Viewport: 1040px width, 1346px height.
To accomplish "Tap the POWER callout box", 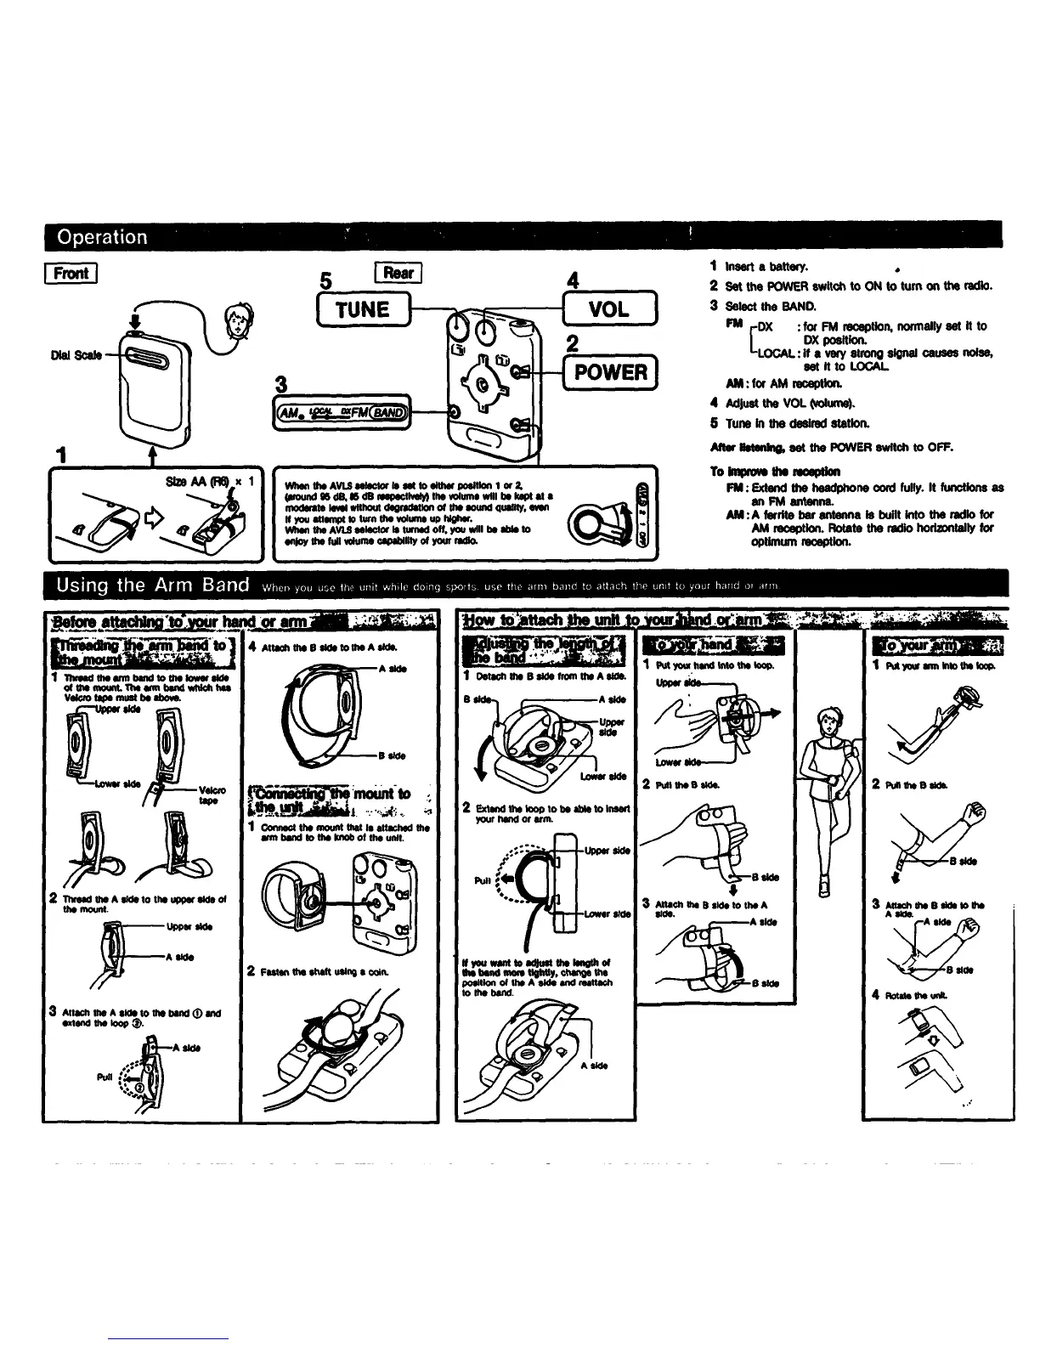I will pos(610,371).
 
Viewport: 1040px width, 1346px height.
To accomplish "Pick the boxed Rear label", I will pos(398,274).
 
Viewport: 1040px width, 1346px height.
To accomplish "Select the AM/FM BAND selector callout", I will pos(350,412).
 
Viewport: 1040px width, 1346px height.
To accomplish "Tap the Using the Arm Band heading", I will pos(153,585).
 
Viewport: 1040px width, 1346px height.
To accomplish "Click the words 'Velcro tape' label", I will pos(208,795).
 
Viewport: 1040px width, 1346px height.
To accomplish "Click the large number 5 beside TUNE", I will pos(323,280).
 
